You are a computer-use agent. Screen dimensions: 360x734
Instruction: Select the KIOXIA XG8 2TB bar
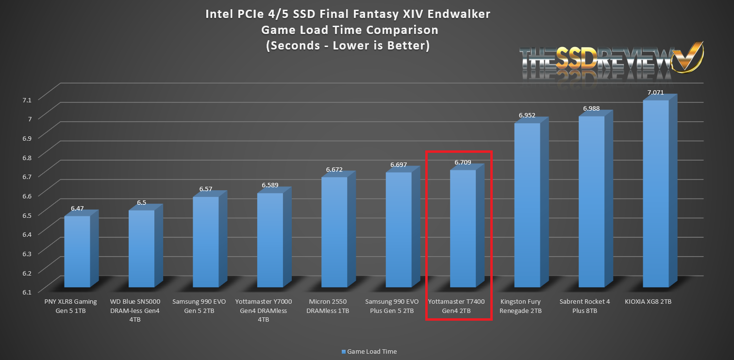tap(655, 194)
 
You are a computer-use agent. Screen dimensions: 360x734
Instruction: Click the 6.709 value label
tap(463, 163)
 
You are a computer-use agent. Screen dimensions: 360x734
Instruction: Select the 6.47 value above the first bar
tap(77, 209)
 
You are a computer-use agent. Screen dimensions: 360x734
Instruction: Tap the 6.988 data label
tap(591, 109)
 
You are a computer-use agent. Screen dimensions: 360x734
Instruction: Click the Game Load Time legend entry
tap(369, 351)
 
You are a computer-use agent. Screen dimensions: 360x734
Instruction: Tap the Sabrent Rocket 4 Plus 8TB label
tap(591, 306)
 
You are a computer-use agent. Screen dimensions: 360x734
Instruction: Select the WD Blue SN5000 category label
tap(141, 310)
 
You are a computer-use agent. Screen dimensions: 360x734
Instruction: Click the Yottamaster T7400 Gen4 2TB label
tap(457, 306)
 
